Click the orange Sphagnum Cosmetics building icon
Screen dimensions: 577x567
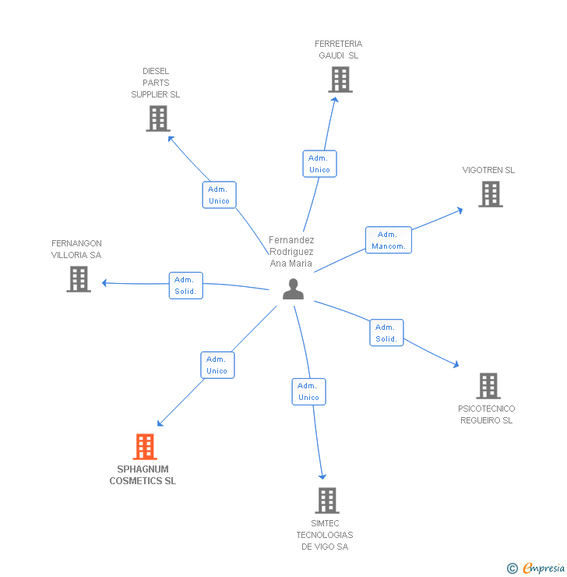click(x=145, y=447)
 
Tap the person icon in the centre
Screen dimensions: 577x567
click(x=293, y=289)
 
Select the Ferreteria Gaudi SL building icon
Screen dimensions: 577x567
click(x=340, y=80)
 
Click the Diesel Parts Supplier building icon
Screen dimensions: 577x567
click(x=157, y=119)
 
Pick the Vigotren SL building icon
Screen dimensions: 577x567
click(x=490, y=194)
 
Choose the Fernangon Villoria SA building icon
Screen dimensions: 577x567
click(x=79, y=279)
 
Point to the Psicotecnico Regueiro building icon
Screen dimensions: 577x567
click(x=488, y=386)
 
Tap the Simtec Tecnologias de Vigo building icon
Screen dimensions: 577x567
click(x=326, y=501)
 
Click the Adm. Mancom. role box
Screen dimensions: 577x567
click(x=389, y=240)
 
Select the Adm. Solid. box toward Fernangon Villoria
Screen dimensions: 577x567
click(x=185, y=285)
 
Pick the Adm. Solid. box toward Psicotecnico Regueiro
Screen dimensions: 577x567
click(x=386, y=333)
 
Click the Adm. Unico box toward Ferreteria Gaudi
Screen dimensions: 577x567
click(x=319, y=164)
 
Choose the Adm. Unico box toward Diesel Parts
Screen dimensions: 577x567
click(x=219, y=195)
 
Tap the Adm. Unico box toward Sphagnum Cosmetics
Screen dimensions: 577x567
click(x=217, y=365)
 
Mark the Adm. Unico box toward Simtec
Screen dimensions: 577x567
click(x=308, y=391)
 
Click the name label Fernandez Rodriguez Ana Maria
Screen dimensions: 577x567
click(x=291, y=252)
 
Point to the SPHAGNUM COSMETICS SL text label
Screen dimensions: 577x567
click(x=143, y=475)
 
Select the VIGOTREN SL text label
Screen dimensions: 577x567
click(x=488, y=170)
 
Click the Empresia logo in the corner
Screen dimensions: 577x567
click(x=537, y=568)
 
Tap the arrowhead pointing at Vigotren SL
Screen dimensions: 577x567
click(x=460, y=209)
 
